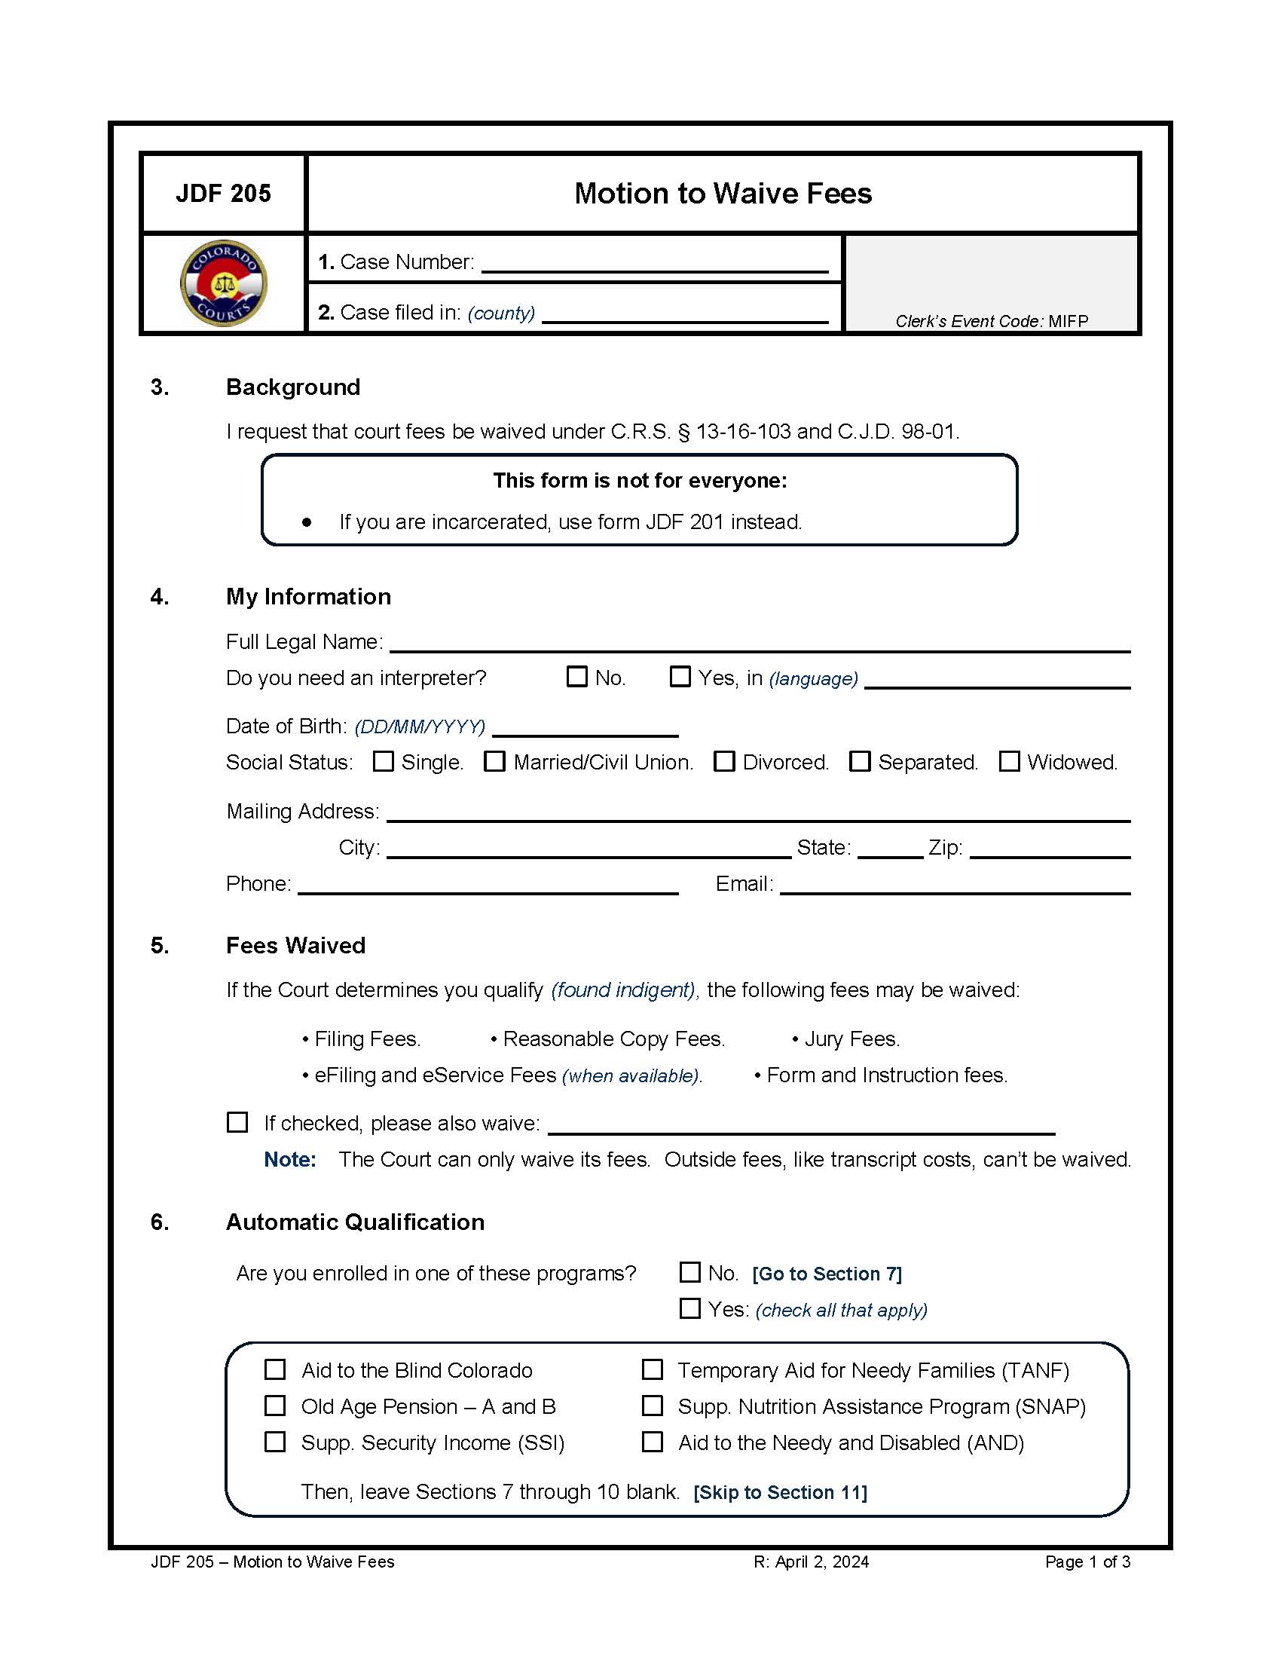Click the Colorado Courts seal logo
[223, 283]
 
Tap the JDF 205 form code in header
[223, 194]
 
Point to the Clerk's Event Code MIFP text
[991, 321]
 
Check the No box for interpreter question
[576, 677]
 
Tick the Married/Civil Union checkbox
[495, 760]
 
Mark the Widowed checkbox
[1008, 760]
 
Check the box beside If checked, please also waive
[237, 1122]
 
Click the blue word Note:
[290, 1159]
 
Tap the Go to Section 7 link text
[827, 1274]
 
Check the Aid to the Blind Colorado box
[275, 1369]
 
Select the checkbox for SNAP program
[652, 1406]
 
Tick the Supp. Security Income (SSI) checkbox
[275, 1442]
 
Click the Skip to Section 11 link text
[779, 1492]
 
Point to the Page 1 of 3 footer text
[1087, 1562]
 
